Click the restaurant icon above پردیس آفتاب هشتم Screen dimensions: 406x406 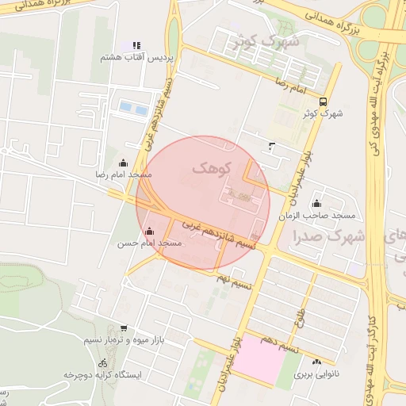pos(136,46)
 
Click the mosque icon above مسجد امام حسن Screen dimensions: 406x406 pos(150,231)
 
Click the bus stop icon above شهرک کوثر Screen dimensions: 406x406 pos(322,101)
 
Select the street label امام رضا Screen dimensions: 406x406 pos(290,82)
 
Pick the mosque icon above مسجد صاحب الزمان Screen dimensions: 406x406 pos(317,204)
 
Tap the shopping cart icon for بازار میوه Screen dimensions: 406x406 pos(123,327)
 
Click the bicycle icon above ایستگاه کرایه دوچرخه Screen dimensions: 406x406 pos(101,362)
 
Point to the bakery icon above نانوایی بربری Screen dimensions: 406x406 pos(316,362)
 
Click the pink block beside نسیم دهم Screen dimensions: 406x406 pos(262,361)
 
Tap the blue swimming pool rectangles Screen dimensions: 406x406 pos(132,107)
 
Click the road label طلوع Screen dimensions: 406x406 pos(301,317)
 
